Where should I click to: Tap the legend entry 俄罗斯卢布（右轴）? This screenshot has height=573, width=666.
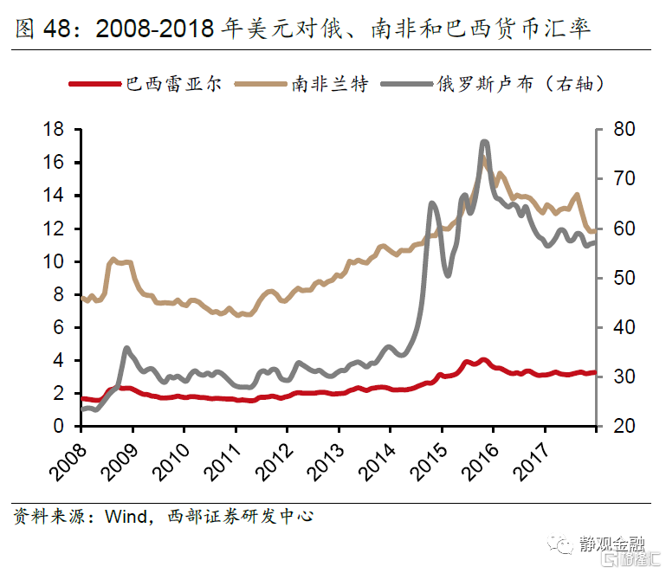point(520,84)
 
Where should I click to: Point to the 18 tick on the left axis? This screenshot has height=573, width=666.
point(54,130)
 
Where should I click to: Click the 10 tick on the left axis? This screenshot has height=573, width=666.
point(54,261)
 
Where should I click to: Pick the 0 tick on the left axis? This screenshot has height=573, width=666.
point(59,426)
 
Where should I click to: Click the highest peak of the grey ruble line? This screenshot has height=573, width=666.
point(484,142)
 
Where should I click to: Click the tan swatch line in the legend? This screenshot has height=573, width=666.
point(260,84)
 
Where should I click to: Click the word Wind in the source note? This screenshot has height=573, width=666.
point(123,517)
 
